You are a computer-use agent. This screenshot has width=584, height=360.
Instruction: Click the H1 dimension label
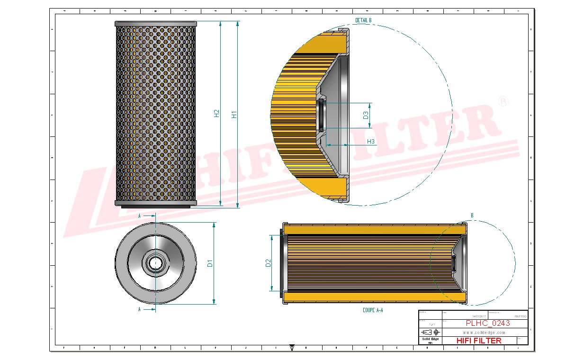234,114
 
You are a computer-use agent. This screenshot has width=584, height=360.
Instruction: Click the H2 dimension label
216,113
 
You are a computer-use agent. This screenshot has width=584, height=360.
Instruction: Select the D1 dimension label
210,262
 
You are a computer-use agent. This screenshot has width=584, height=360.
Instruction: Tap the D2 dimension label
268,263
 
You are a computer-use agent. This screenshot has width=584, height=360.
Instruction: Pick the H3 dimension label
371,141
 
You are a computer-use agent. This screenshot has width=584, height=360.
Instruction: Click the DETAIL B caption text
363,20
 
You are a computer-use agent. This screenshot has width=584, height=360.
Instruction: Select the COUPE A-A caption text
372,310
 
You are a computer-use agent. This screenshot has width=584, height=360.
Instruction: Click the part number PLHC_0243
488,323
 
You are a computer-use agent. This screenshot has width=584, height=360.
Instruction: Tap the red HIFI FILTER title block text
479,340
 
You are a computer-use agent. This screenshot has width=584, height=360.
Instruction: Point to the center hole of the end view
155,262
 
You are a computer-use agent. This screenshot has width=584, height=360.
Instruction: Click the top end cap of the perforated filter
155,24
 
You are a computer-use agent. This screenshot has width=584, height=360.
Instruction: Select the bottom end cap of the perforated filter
155,203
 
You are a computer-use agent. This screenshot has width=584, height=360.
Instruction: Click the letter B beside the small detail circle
472,216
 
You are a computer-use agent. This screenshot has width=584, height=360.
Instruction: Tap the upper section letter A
139,216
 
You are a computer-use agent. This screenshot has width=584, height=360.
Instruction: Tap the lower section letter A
139,309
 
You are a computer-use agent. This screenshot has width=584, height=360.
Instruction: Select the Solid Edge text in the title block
430,339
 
